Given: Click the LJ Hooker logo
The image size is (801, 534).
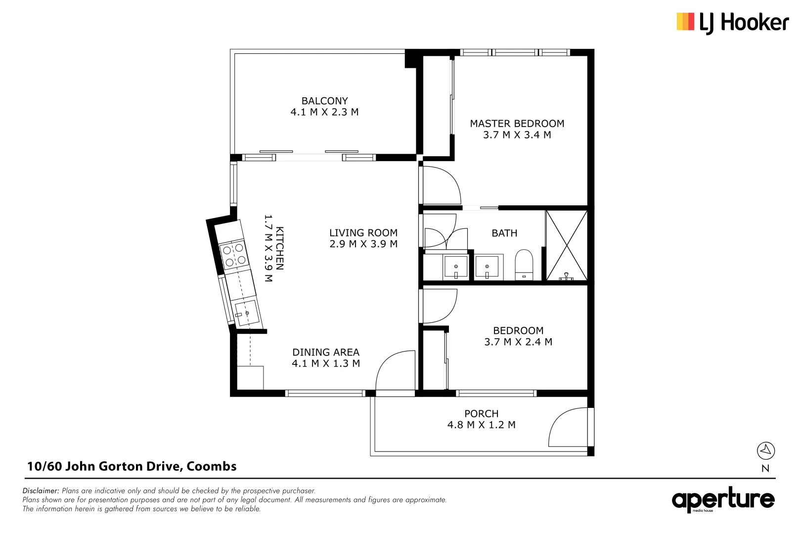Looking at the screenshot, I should (732, 23).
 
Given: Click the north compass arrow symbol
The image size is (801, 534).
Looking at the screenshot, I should (765, 450).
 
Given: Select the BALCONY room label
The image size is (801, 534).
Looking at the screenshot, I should (325, 101).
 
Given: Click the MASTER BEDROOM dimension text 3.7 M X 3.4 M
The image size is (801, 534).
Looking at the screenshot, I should (517, 135).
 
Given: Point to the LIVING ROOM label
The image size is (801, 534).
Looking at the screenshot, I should (363, 233).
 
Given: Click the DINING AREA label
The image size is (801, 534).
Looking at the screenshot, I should (326, 353).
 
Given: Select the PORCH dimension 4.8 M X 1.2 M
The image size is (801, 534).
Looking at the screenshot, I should (481, 425).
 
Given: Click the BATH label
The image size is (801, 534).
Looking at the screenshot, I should (504, 233).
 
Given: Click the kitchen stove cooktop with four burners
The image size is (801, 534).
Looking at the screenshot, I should (234, 255).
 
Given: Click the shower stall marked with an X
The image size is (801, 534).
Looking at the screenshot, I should (567, 246).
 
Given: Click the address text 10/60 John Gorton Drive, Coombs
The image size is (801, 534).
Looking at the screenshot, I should (132, 466).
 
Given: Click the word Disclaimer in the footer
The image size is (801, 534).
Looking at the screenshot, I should (41, 491).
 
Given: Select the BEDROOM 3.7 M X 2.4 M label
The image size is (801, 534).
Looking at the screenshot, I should (518, 336).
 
